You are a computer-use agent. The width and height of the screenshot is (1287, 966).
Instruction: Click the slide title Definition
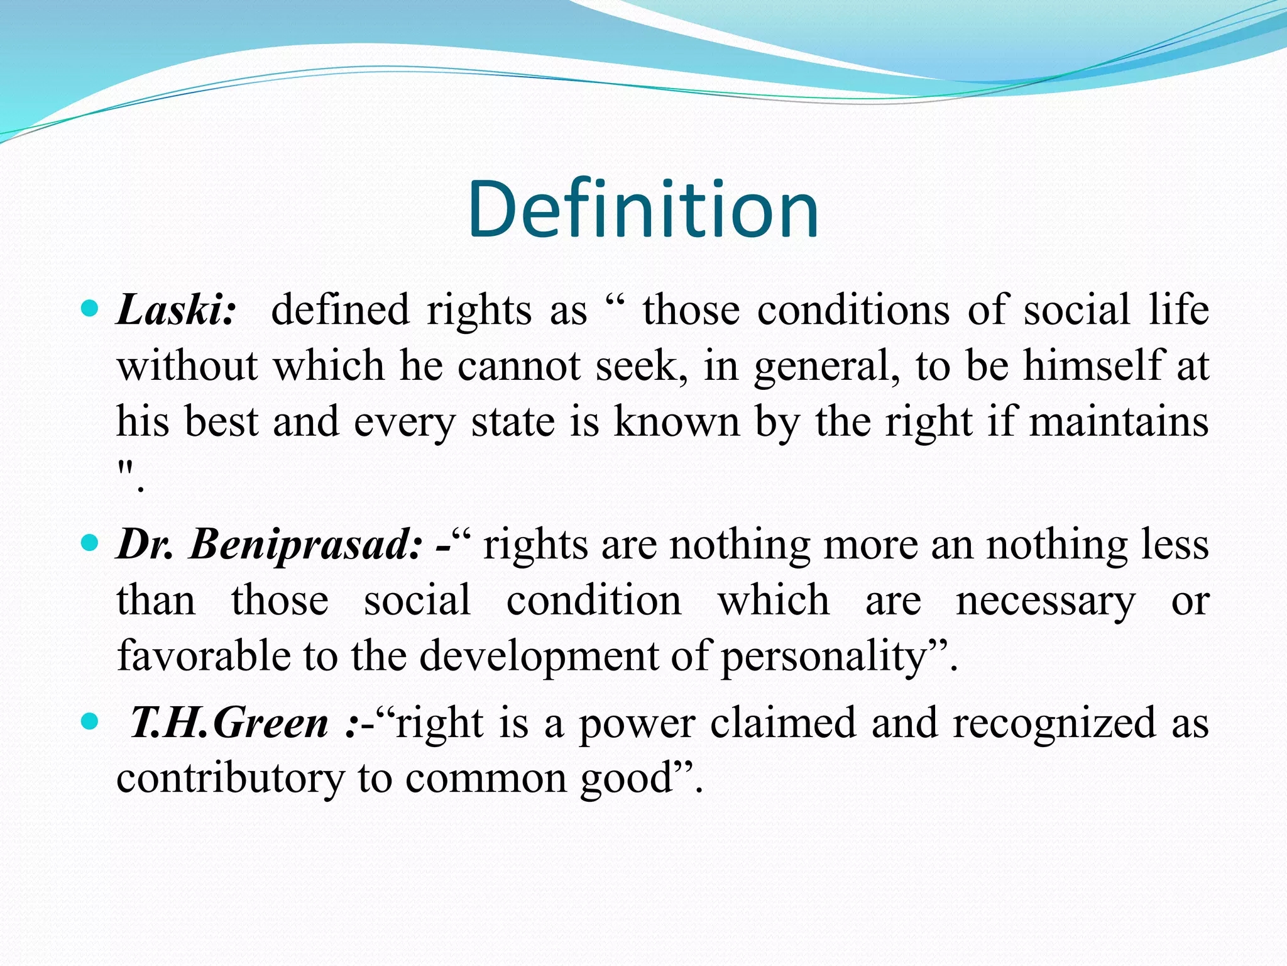[643, 209]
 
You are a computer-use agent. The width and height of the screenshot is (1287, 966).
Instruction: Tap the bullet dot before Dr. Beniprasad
[90, 542]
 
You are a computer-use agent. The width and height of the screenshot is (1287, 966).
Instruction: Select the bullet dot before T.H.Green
[90, 721]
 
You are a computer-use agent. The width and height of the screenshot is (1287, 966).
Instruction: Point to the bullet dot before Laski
[90, 308]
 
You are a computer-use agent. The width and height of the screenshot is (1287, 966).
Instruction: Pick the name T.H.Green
[229, 723]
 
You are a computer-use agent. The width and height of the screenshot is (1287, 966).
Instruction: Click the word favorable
[203, 655]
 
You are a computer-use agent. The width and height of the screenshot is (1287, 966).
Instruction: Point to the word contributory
[229, 779]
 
